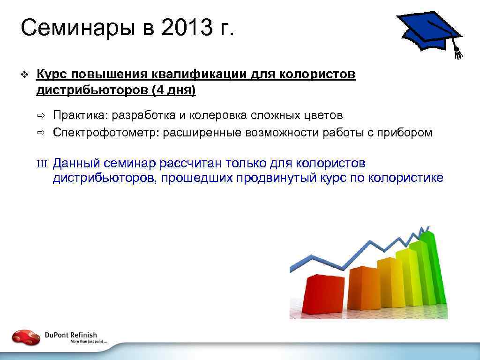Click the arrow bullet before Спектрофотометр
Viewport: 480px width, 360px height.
point(41,133)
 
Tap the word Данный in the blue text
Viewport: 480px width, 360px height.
point(76,163)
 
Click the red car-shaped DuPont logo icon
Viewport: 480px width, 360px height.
point(26,337)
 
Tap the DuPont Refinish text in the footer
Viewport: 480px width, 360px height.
point(71,335)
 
